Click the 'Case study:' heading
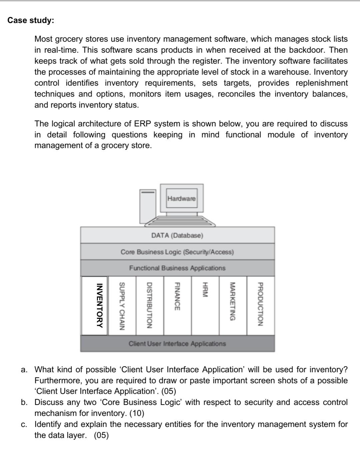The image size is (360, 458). [31, 20]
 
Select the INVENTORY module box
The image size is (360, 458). [95, 306]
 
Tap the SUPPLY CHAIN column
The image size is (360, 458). [122, 306]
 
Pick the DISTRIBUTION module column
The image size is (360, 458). [150, 306]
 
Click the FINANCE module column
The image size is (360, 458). [177, 306]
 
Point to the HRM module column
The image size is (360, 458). [205, 306]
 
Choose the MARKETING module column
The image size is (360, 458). [233, 306]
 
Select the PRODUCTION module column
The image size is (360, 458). [260, 306]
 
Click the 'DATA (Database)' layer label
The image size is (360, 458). [177, 236]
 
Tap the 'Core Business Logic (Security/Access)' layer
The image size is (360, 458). [177, 252]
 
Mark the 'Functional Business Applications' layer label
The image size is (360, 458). [177, 268]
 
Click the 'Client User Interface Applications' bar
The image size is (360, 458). [177, 344]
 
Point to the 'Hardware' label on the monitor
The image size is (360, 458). [181, 199]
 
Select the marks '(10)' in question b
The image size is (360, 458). [137, 413]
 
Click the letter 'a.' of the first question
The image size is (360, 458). [24, 370]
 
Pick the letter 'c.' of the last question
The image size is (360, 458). [24, 425]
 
